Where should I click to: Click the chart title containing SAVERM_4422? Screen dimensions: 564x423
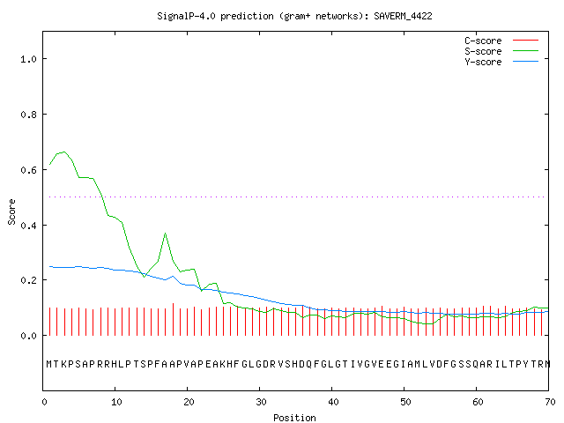click(x=294, y=16)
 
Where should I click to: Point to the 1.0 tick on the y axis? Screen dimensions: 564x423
click(x=28, y=59)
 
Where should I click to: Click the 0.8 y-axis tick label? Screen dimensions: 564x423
click(x=28, y=115)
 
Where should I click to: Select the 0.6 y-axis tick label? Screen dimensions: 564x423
click(x=28, y=170)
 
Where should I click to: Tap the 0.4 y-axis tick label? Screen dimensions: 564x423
click(x=28, y=226)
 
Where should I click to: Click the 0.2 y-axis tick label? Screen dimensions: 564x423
click(x=28, y=280)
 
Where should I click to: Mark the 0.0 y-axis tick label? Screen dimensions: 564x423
click(x=28, y=336)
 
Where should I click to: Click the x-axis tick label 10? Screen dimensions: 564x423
click(x=116, y=402)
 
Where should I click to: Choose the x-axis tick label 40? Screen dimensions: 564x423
click(x=333, y=402)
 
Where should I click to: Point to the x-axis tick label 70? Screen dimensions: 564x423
click(x=550, y=402)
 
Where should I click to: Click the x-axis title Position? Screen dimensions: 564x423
click(x=294, y=418)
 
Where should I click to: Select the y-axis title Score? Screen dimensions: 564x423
click(x=11, y=211)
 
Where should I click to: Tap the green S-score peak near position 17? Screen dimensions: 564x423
click(x=165, y=233)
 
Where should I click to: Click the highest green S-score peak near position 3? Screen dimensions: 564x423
click(x=64, y=152)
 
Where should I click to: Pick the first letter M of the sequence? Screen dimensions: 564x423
click(x=49, y=364)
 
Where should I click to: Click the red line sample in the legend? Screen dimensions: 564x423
click(x=525, y=41)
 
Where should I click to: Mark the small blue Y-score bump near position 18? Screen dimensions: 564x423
click(x=173, y=276)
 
